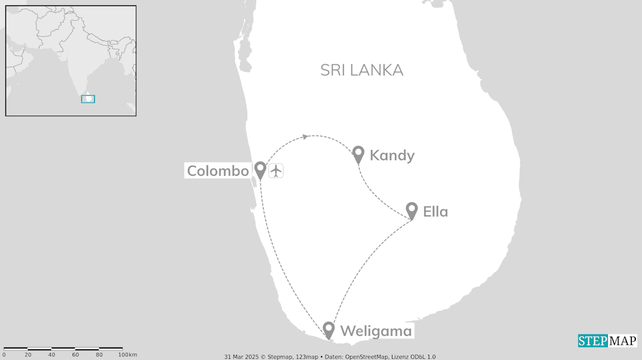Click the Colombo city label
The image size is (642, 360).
point(218,171)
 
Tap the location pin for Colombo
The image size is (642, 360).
point(260,169)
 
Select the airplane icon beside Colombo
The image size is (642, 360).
point(276,171)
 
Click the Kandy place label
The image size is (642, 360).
point(392,155)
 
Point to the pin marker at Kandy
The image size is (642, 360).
point(358,153)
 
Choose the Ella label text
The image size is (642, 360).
point(435,212)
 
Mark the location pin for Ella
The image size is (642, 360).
point(411,210)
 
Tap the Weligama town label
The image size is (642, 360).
point(376,331)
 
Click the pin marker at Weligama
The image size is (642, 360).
point(329,329)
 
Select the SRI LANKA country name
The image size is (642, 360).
point(362,70)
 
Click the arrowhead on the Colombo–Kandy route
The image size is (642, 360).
point(305,136)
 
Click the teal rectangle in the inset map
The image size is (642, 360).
point(88,99)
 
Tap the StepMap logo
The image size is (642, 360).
point(607,340)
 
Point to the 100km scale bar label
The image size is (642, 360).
point(127,355)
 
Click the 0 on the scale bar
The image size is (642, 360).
point(4,355)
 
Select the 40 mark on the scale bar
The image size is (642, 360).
point(51,355)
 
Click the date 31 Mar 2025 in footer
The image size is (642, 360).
point(242,357)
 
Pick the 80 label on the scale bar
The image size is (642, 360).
point(99,355)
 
